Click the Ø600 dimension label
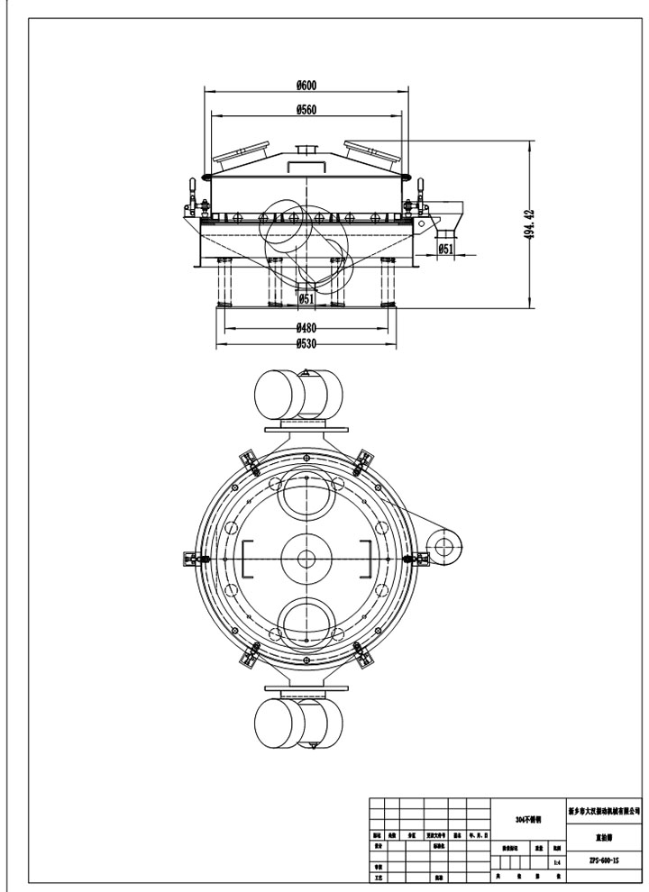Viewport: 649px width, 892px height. click(x=306, y=85)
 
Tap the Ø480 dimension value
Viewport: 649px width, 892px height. click(x=306, y=327)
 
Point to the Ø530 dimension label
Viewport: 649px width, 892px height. click(x=306, y=342)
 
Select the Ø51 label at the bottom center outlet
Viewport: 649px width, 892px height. click(x=306, y=298)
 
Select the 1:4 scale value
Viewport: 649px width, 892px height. click(x=556, y=862)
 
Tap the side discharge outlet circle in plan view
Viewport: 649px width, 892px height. click(x=443, y=545)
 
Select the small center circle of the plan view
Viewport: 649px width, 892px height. click(x=306, y=560)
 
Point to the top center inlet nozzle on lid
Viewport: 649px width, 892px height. click(x=306, y=150)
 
